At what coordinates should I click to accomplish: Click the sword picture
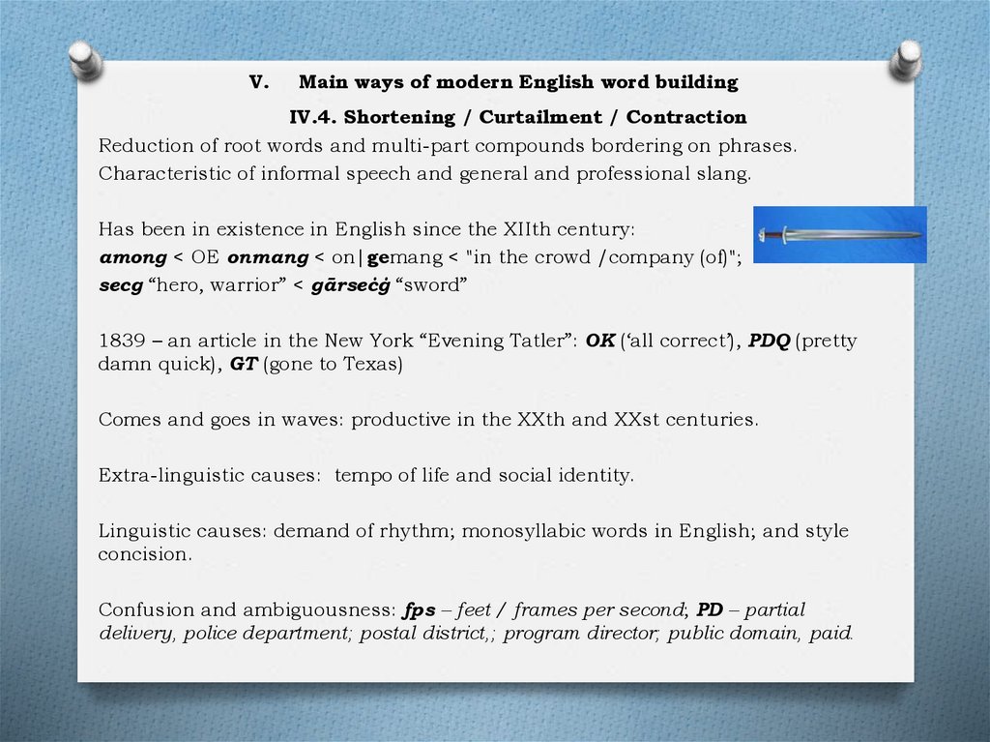[x=839, y=234]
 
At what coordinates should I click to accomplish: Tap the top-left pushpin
[x=85, y=59]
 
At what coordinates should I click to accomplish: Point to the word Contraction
[x=686, y=117]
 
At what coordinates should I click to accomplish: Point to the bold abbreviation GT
[x=242, y=365]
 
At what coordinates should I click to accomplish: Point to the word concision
[x=143, y=555]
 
